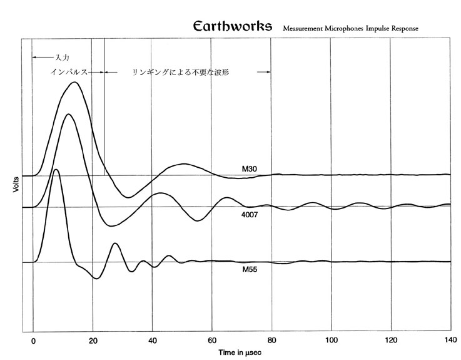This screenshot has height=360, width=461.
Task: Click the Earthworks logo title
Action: point(233,27)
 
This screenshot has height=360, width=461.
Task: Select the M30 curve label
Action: point(251,169)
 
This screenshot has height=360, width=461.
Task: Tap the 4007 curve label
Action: point(251,215)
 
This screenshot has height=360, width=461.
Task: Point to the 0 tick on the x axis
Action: point(33,341)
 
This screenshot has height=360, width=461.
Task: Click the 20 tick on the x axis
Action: point(93,341)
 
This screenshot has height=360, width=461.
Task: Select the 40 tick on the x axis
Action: point(152,341)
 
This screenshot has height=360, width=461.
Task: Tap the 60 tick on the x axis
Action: point(212,341)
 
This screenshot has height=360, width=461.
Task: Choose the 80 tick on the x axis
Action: point(271,341)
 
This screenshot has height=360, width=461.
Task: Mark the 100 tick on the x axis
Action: point(332,341)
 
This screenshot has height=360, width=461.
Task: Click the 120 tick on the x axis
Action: point(391,341)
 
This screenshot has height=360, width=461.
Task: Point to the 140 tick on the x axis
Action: point(450,341)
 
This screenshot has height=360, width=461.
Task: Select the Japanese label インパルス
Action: point(70,73)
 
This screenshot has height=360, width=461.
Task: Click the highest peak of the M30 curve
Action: point(74,82)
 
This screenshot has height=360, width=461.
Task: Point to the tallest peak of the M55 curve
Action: point(56,169)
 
